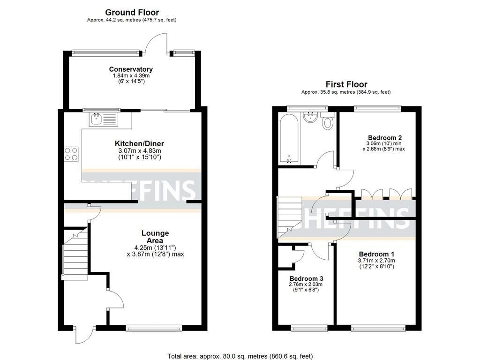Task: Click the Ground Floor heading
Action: tap(132, 13)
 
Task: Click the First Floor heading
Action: tap(346, 84)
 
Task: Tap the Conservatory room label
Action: tap(131, 69)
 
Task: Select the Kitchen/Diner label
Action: tap(139, 143)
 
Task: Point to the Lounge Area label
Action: tap(155, 237)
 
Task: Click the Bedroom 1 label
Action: tap(376, 254)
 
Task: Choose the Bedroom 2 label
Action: tap(385, 138)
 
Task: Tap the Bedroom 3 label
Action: tap(306, 278)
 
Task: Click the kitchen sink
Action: tap(104, 119)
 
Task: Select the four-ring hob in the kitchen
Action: tap(71, 154)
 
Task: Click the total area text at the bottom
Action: tap(240, 356)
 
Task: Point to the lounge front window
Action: tap(154, 328)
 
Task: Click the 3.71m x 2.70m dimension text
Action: tap(376, 261)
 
